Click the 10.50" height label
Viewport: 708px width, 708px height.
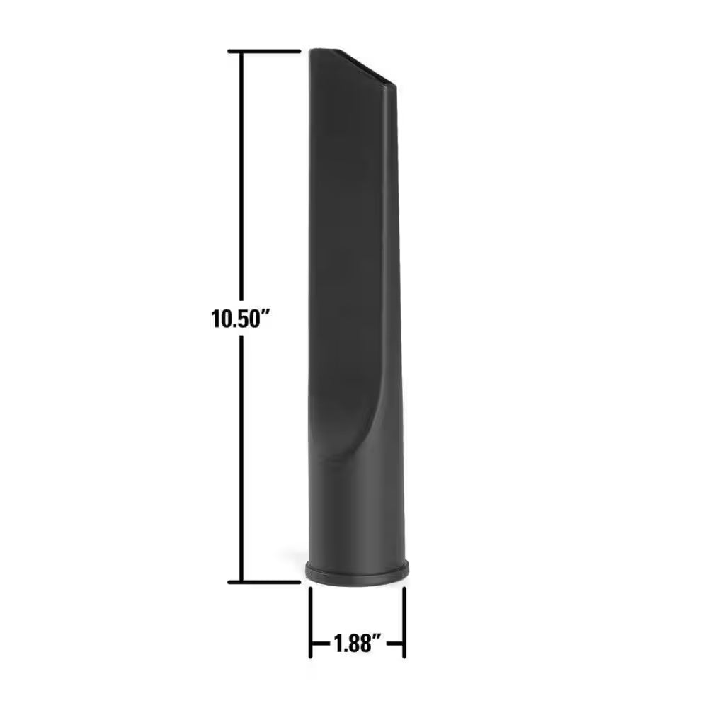tap(241, 318)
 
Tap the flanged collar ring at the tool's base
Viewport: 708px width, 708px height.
tap(358, 572)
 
